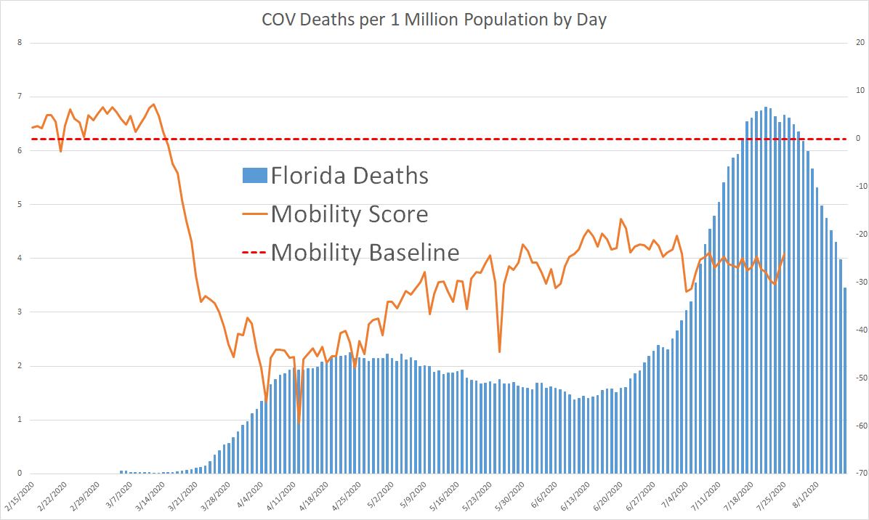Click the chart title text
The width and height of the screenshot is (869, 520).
click(x=434, y=20)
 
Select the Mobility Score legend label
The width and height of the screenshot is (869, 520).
click(x=349, y=214)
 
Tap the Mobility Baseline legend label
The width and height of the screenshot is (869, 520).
click(x=365, y=252)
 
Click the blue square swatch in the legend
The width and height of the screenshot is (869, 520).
click(x=254, y=176)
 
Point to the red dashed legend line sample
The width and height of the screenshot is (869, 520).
click(x=254, y=253)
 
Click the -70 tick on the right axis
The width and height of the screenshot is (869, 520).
click(x=858, y=474)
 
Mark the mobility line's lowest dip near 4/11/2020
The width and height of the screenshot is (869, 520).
click(x=299, y=423)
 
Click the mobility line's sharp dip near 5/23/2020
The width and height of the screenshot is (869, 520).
click(x=499, y=352)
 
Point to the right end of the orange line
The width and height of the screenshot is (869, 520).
click(x=784, y=253)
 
